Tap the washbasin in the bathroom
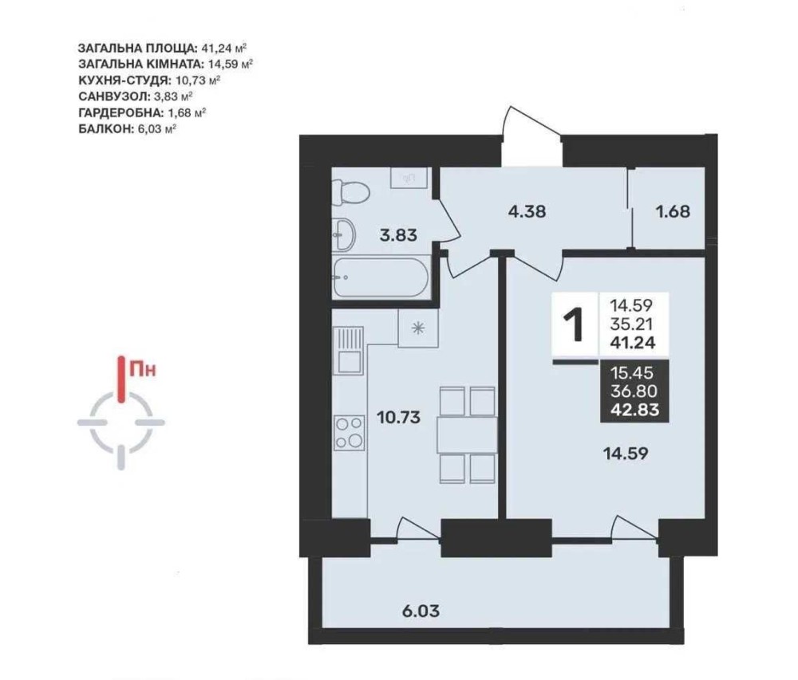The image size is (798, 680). pyautogui.click(x=344, y=235)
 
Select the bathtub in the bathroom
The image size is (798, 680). pyautogui.click(x=381, y=278)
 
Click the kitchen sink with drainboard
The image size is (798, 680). pyautogui.click(x=348, y=350)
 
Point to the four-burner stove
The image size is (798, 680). pyautogui.click(x=350, y=433)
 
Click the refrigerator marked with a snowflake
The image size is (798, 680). pyautogui.click(x=418, y=328)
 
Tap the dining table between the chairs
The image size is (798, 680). pyautogui.click(x=467, y=434)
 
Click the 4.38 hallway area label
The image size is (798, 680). pyautogui.click(x=527, y=211)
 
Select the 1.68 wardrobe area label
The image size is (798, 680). pyautogui.click(x=673, y=211)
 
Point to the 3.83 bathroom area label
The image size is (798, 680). pyautogui.click(x=398, y=235)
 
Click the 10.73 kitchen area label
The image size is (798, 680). pyautogui.click(x=398, y=417)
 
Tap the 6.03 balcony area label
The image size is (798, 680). pyautogui.click(x=421, y=611)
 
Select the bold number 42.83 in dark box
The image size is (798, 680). pyautogui.click(x=634, y=409)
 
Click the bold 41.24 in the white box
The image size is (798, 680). pyautogui.click(x=633, y=343)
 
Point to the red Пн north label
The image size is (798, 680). pyautogui.click(x=143, y=368)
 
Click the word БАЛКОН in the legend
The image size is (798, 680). pyautogui.click(x=106, y=128)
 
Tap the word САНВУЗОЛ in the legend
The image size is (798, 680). pyautogui.click(x=114, y=96)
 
